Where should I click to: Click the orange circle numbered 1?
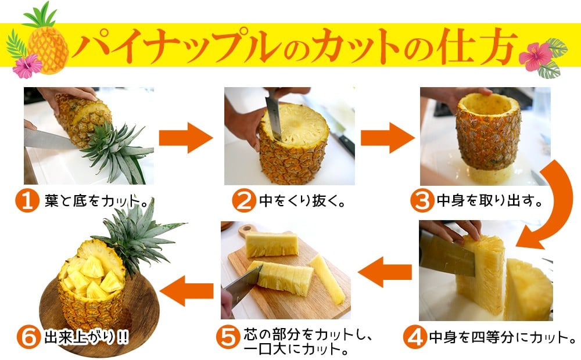27,201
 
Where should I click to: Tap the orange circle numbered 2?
244,201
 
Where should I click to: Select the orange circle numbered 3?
422,201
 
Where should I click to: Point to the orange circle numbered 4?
415,337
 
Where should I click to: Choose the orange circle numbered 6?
28,337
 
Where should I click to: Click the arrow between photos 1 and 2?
186,138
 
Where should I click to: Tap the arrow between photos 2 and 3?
388,138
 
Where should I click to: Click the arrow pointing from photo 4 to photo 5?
385,272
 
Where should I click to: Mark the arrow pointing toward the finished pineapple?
187,290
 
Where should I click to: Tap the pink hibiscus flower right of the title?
536,56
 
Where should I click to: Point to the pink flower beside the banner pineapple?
27,66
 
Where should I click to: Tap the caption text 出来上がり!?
87,337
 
